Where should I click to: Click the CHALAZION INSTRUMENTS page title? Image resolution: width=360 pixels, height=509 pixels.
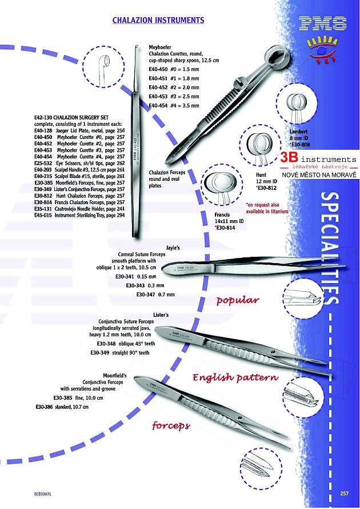click(158, 20)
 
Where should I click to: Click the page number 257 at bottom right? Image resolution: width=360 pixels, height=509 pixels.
click(344, 494)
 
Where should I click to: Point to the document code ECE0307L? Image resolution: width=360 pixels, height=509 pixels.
click(43, 494)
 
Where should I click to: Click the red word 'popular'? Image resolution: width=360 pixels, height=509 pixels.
click(238, 300)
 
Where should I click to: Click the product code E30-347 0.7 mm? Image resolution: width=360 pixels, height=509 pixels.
click(155, 294)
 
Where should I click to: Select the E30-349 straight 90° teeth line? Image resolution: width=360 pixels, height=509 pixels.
click(119, 353)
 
